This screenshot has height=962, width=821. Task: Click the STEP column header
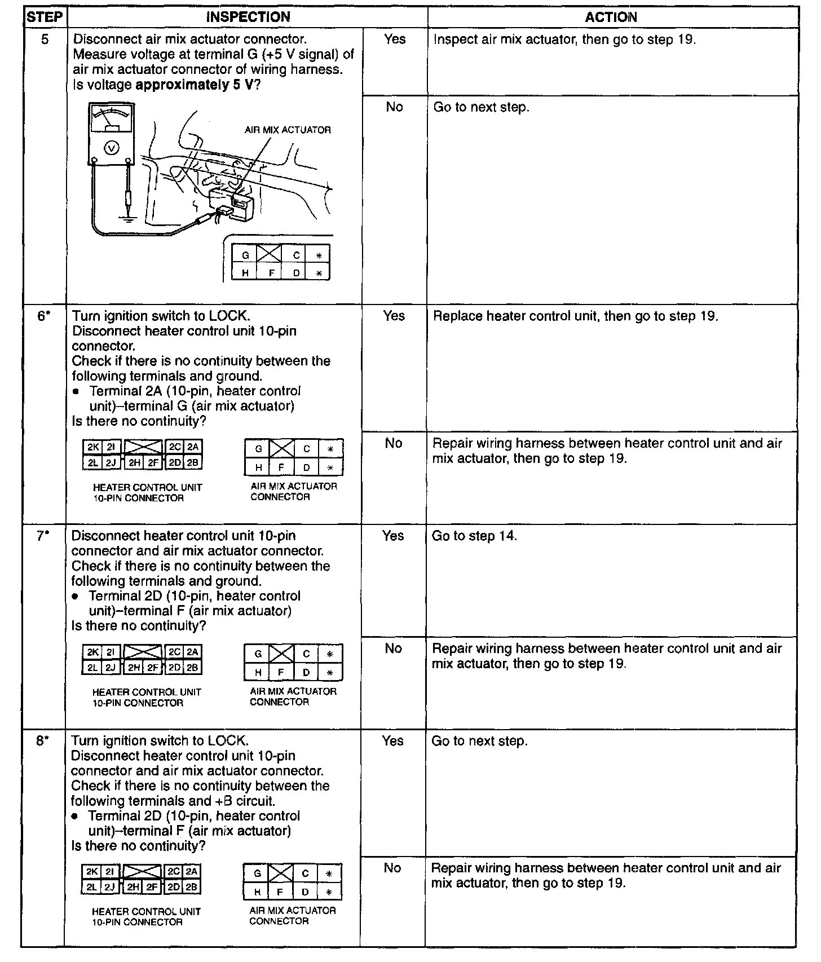pyautogui.click(x=45, y=17)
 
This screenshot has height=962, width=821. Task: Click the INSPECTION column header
pyautogui.click(x=248, y=17)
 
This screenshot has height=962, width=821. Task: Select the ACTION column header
pyautogui.click(x=611, y=17)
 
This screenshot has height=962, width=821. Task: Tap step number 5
pyautogui.click(x=45, y=39)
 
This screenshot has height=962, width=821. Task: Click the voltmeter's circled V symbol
pyautogui.click(x=112, y=148)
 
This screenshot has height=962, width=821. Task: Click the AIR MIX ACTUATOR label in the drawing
pyautogui.click(x=288, y=130)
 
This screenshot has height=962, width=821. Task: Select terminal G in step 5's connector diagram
pyautogui.click(x=245, y=255)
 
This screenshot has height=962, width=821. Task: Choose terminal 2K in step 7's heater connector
pyautogui.click(x=92, y=652)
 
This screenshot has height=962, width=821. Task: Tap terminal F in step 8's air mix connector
pyautogui.click(x=280, y=893)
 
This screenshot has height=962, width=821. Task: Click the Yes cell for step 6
pyautogui.click(x=394, y=316)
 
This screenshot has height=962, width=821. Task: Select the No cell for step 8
pyautogui.click(x=392, y=868)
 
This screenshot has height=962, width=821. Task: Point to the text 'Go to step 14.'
pyautogui.click(x=474, y=536)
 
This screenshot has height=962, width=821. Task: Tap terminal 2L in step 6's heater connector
pyautogui.click(x=92, y=463)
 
